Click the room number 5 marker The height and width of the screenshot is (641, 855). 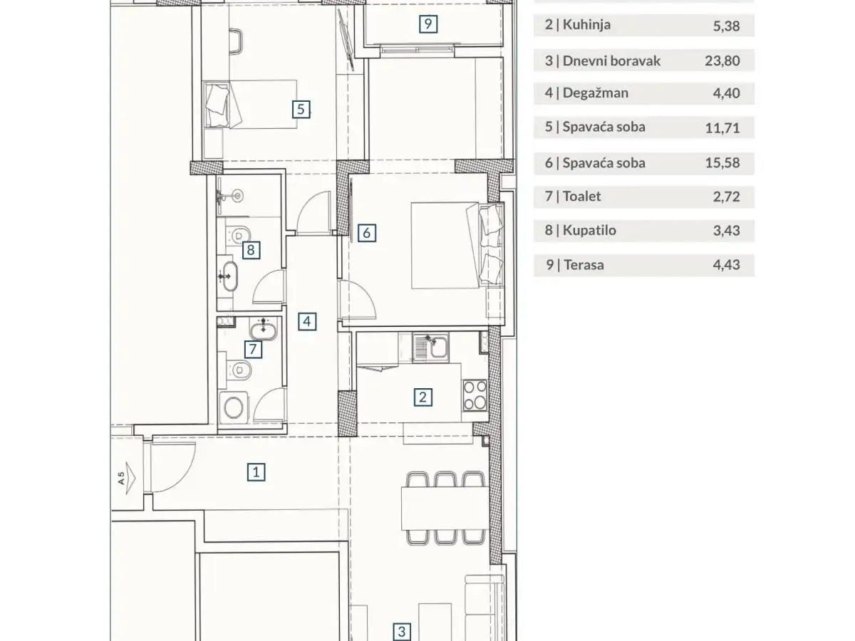click(x=301, y=110)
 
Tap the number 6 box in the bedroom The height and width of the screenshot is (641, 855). click(x=366, y=233)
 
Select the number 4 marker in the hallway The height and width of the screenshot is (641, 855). click(x=307, y=321)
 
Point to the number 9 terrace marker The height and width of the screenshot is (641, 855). click(x=428, y=24)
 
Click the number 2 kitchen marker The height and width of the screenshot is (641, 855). click(x=423, y=397)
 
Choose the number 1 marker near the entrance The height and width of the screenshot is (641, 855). click(x=256, y=472)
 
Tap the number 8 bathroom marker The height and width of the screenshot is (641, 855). click(x=251, y=250)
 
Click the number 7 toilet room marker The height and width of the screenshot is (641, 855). click(x=253, y=349)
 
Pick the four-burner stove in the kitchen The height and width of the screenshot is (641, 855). click(x=475, y=395)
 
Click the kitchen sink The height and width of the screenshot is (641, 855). click(x=431, y=348)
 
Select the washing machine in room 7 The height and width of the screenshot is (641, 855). click(x=233, y=407)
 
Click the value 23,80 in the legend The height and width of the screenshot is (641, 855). click(x=722, y=61)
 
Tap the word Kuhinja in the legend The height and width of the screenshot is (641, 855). click(x=586, y=25)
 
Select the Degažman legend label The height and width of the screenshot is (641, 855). click(x=596, y=93)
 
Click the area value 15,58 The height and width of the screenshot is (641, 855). click(x=722, y=162)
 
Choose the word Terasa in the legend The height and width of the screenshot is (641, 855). click(x=584, y=265)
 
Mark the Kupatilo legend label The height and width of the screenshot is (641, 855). click(x=589, y=230)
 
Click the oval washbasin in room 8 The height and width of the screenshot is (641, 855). click(x=228, y=276)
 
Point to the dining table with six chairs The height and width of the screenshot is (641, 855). click(x=445, y=508)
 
